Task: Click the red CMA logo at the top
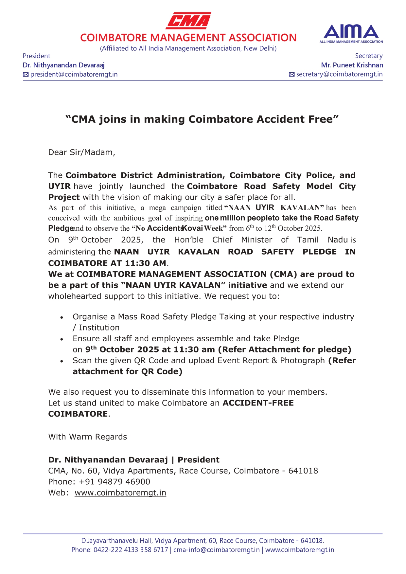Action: tap(188, 21)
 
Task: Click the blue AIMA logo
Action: tap(351, 33)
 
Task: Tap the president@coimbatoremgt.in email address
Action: tap(74, 74)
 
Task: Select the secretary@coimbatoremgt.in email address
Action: tap(339, 74)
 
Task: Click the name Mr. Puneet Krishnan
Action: tap(352, 65)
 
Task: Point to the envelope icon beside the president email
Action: tap(26, 75)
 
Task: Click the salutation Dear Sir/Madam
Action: tap(81, 152)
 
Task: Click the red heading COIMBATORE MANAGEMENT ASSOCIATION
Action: tap(188, 38)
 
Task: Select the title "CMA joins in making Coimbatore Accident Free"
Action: tap(202, 119)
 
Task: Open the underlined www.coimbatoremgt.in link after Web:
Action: tap(120, 493)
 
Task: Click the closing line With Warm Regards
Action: tap(87, 437)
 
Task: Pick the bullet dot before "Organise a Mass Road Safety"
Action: tap(62, 317)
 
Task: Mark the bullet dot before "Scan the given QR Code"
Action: tap(62, 361)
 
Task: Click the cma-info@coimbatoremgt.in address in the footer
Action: tap(216, 550)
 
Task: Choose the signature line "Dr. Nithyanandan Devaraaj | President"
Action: tap(133, 460)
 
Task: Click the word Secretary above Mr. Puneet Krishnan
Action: tap(369, 56)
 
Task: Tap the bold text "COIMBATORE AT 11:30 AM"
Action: tap(107, 263)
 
